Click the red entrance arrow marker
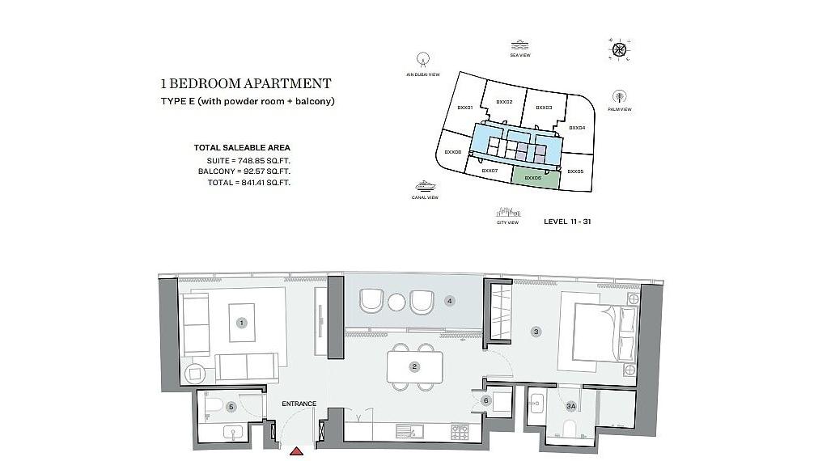[x=296, y=450]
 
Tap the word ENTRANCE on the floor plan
[x=299, y=404]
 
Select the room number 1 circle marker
[x=240, y=323]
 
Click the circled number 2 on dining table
[x=414, y=366]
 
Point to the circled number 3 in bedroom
[x=535, y=331]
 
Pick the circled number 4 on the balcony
[x=450, y=301]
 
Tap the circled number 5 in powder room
[x=231, y=407]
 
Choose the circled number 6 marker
[x=485, y=400]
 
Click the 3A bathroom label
[x=570, y=406]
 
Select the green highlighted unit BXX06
[x=534, y=178]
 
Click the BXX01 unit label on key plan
[x=464, y=107]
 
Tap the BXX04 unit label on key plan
[x=576, y=128]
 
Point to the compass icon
[x=619, y=50]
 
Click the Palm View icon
[x=620, y=96]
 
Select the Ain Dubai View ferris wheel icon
[x=422, y=60]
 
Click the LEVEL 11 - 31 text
[x=567, y=221]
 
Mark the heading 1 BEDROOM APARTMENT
[x=246, y=83]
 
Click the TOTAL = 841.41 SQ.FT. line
[x=244, y=183]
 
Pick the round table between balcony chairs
[x=396, y=302]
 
